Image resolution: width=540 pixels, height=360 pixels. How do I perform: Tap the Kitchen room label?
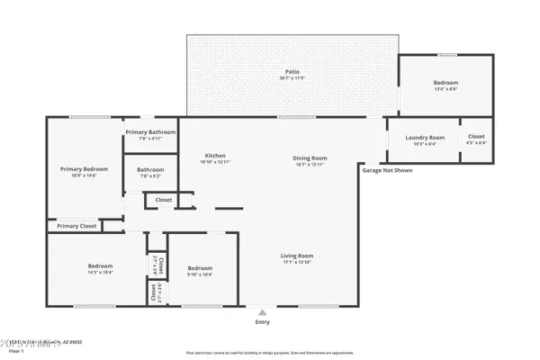215,155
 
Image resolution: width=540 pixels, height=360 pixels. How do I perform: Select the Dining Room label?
308,158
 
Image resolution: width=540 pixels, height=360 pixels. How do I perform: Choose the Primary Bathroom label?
150,132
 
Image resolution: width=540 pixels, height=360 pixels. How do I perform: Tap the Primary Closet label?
76,226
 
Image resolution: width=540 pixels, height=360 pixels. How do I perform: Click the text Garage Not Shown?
387,169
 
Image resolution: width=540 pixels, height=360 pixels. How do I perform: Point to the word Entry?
262,320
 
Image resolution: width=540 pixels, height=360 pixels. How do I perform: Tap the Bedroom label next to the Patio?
446,83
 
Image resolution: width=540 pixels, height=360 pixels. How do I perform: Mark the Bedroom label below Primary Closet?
100,265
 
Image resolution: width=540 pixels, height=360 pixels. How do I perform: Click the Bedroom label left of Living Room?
200,268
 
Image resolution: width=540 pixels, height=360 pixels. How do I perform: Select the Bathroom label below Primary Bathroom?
150,169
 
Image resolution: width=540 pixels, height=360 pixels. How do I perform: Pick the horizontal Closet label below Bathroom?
164,200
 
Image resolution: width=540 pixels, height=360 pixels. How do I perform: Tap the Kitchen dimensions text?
215,162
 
